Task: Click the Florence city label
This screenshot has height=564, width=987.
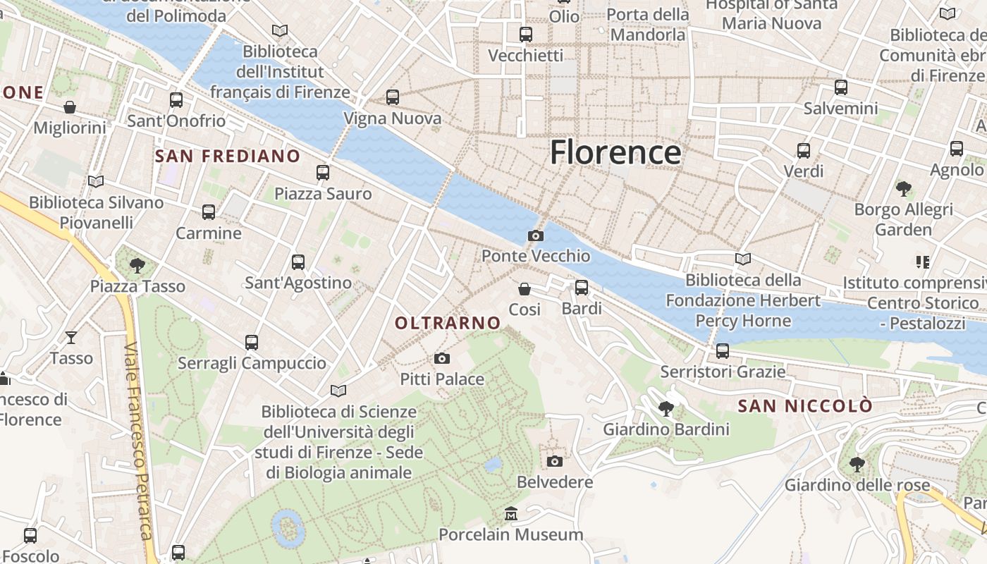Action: (615, 152)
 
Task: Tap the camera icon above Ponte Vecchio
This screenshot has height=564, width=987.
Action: (536, 235)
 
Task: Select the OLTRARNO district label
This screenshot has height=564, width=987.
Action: (448, 323)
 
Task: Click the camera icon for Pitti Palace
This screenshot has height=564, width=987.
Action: (442, 359)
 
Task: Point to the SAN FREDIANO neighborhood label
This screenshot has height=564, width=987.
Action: (227, 156)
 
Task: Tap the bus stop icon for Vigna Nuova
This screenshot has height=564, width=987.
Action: (393, 97)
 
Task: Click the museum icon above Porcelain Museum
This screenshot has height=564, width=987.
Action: (511, 514)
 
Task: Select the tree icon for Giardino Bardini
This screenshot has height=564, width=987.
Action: (666, 408)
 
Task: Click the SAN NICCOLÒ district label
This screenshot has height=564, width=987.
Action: (804, 406)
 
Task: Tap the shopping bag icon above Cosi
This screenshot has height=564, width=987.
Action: (525, 288)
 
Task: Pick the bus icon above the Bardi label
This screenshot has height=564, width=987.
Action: (582, 288)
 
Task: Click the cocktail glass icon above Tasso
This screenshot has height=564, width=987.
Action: (71, 337)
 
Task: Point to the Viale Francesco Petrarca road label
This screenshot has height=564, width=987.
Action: (138, 441)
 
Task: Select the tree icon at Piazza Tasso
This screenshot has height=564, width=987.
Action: (137, 266)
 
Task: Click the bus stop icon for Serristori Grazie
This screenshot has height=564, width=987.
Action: (723, 351)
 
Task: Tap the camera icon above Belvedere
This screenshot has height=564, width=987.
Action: (555, 461)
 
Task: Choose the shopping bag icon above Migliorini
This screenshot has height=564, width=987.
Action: (70, 107)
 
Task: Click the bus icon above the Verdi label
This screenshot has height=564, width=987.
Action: (804, 150)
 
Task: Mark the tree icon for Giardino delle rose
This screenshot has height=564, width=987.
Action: (857, 464)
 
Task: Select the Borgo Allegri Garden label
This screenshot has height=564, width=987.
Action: (903, 219)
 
